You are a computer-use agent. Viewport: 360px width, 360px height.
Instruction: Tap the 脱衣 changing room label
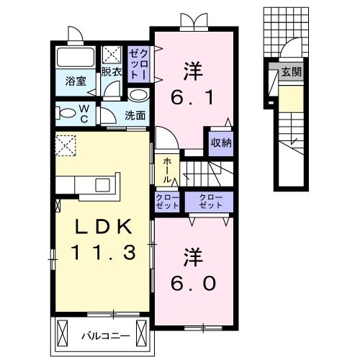pyautogui.click(x=111, y=72)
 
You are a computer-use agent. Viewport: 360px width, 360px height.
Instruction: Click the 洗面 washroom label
pyautogui.click(x=135, y=114)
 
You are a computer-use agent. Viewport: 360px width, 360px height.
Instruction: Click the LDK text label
pyautogui.click(x=104, y=228)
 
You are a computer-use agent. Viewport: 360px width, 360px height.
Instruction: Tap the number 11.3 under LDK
pyautogui.click(x=104, y=253)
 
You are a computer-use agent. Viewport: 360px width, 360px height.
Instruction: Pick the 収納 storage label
pyautogui.click(x=221, y=142)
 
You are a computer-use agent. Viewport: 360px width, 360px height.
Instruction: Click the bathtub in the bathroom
pyautogui.click(x=76, y=57)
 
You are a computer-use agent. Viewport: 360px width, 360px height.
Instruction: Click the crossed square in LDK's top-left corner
pyautogui.click(x=66, y=145)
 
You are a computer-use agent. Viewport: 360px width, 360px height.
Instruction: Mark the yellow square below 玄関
pyautogui.click(x=289, y=98)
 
